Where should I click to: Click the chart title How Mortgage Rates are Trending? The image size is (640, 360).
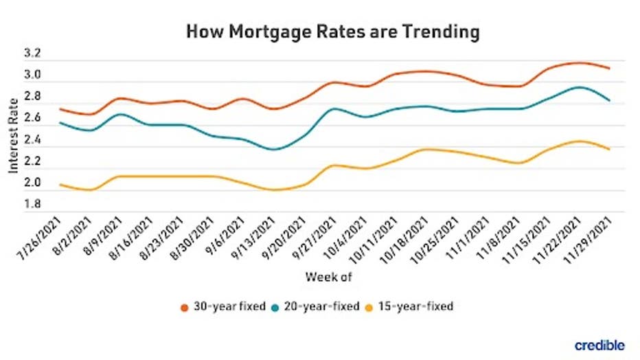pos(332,32)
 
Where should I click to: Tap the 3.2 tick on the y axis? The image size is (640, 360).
pos(33,53)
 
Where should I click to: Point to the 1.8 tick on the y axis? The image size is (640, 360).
pos(33,204)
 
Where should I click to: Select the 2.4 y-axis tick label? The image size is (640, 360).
pos(33,140)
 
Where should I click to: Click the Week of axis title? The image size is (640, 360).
pos(328,278)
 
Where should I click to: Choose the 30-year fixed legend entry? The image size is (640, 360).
pos(223,306)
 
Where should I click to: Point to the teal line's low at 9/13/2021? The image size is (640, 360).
pos(275,149)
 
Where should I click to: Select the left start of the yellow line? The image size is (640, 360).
pos(60,184)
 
